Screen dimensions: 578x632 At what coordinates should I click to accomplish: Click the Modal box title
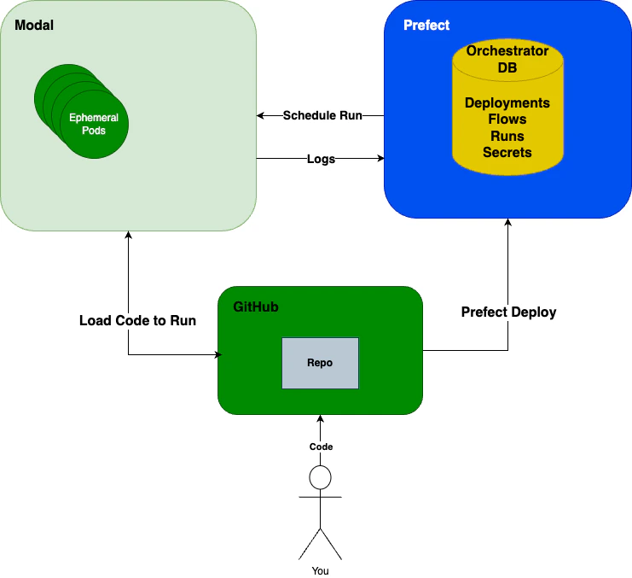click(x=34, y=25)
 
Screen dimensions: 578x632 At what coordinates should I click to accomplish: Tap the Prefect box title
click(x=426, y=25)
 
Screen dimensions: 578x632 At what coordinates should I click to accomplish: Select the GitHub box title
click(x=256, y=307)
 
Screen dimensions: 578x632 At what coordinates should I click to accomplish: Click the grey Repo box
click(x=320, y=363)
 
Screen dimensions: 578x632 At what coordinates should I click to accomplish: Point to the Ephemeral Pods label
click(x=94, y=124)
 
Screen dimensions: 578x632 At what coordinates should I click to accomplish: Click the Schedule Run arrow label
click(x=322, y=115)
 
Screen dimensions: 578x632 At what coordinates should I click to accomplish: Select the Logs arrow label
click(x=321, y=159)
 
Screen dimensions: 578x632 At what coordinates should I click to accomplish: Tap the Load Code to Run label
click(x=137, y=321)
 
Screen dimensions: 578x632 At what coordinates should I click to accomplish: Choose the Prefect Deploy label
click(x=508, y=312)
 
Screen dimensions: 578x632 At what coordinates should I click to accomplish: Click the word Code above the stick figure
click(x=321, y=447)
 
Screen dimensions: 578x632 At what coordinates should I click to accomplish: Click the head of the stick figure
click(x=320, y=477)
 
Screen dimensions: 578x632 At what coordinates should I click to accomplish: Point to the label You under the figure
click(x=320, y=570)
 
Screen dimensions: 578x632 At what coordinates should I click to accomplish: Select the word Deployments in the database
click(x=507, y=103)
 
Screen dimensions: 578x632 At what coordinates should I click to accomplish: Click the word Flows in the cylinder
click(x=507, y=120)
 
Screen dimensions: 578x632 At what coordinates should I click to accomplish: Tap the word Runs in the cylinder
click(x=507, y=136)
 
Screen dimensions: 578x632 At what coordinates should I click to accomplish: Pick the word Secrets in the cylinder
click(x=507, y=152)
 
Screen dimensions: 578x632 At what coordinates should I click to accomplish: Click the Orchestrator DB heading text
click(x=507, y=59)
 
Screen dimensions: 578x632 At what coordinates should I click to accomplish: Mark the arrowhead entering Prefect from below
click(x=508, y=222)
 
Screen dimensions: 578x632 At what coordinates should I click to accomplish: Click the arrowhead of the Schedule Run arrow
click(x=261, y=115)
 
